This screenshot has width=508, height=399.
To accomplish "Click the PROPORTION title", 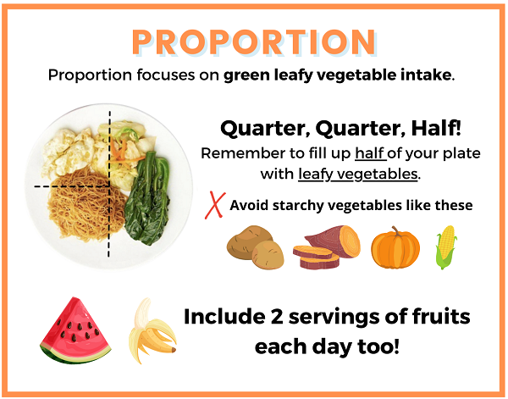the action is coord(254,42).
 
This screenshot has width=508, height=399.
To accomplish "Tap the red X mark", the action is coord(215,205).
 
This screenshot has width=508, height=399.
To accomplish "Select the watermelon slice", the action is coord(75,330).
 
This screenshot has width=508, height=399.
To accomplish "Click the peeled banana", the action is coord(152,330).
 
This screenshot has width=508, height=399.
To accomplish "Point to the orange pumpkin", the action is coord(395,248).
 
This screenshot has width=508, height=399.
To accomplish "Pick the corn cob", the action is coord(446,247).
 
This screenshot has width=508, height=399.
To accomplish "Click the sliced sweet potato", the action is coord(327,247).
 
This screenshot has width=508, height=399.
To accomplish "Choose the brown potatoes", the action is coord(256,247).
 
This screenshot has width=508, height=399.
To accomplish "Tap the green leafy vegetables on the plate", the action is coord(148,198).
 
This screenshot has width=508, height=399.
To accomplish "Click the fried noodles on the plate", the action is coord(85,205).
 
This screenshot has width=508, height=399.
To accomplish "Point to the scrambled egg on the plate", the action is coord(69,152).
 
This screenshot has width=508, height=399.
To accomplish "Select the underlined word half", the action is coord(370,153).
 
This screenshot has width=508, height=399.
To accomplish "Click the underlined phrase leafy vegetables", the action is coord(357,174).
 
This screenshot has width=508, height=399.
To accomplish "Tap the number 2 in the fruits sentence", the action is coord(277,317).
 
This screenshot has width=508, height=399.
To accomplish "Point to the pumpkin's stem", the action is coord(395,231).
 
